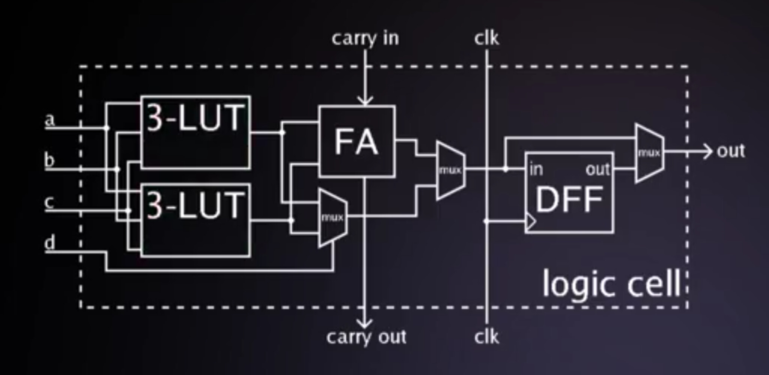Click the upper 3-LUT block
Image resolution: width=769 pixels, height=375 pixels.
195,132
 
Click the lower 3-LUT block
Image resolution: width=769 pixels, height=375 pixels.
195,220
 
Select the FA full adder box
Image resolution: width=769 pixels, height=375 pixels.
357,142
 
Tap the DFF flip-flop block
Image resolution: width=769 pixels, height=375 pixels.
569,193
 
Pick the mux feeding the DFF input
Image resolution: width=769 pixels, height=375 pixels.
450,170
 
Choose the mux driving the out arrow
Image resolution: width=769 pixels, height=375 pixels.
649,153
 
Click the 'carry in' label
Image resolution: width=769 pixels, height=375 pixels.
365,39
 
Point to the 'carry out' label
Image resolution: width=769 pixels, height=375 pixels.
366,337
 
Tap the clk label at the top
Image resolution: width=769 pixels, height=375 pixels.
486,38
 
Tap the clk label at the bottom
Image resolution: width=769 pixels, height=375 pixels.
486,337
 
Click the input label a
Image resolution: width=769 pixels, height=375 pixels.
50,120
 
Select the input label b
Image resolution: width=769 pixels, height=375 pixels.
49,160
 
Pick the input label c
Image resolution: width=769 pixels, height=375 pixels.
49,202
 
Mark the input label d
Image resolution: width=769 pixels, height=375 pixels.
50,242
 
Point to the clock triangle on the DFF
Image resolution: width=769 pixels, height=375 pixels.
531,221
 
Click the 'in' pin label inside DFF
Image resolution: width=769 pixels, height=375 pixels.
536,170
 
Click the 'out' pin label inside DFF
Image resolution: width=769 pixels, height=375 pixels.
597,170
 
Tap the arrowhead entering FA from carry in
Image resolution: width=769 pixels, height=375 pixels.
365,101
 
